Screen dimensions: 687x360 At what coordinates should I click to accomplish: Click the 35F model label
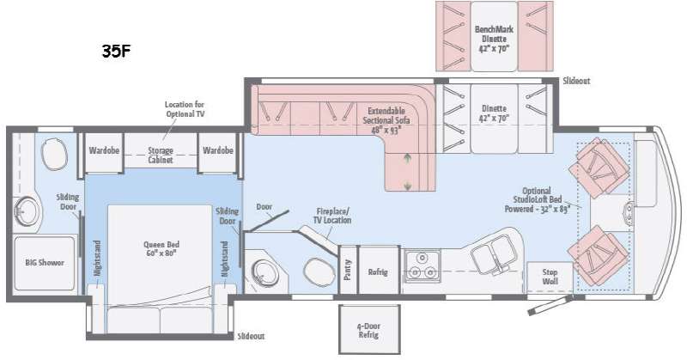[x=117, y=52]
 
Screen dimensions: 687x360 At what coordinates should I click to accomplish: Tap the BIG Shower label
[x=45, y=263]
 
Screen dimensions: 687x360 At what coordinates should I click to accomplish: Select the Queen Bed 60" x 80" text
[x=161, y=248]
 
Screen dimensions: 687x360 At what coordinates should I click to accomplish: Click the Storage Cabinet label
[x=161, y=156]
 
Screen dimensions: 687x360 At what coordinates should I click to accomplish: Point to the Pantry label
[x=348, y=270]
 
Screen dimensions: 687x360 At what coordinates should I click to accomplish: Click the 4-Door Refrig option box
[x=369, y=329]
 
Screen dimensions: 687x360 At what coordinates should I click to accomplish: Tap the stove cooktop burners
[x=422, y=266]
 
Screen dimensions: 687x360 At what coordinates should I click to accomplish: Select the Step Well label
[x=550, y=277]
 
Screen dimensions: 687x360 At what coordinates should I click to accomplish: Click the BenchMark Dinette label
[x=495, y=39]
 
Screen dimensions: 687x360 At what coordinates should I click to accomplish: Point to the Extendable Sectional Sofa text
[x=386, y=120]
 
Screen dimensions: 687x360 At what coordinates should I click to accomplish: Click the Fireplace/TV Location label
[x=332, y=216]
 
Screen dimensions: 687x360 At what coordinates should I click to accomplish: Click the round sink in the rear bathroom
[x=27, y=212]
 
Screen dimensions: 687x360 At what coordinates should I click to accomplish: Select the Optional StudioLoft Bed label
[x=537, y=200]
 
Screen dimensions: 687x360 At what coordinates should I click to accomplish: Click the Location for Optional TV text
[x=185, y=109]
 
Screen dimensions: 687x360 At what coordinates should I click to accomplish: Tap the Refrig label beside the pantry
[x=378, y=272]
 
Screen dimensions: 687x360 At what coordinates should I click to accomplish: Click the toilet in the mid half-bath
[x=319, y=272]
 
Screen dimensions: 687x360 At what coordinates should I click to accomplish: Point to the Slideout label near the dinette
[x=576, y=81]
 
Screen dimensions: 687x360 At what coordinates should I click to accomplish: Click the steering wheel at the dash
[x=629, y=214]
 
